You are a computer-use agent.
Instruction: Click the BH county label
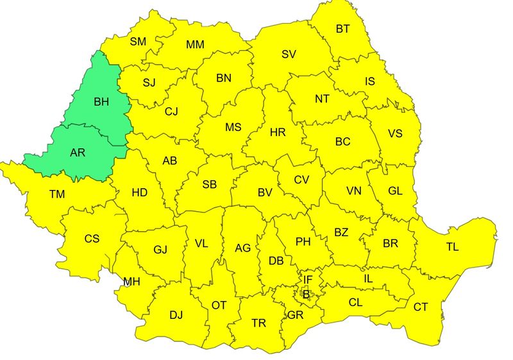click(101, 101)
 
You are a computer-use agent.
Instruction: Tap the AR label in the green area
click(77, 153)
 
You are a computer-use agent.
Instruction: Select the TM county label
click(56, 193)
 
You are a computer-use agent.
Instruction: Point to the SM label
click(138, 42)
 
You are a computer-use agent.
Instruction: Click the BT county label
click(343, 29)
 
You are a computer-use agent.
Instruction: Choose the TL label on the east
click(453, 246)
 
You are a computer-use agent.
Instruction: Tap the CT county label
click(420, 307)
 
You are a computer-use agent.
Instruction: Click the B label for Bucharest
click(307, 295)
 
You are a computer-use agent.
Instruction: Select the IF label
click(308, 280)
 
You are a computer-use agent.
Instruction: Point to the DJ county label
click(176, 315)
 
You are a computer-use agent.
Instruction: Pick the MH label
click(131, 281)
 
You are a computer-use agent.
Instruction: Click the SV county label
click(289, 54)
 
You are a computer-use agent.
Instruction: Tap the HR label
click(278, 133)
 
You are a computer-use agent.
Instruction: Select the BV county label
click(265, 192)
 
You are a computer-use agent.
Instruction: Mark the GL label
click(396, 191)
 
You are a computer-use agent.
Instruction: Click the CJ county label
click(171, 112)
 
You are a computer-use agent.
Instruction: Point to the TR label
click(258, 323)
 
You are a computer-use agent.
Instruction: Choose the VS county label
click(396, 134)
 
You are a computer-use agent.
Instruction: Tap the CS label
click(92, 239)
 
